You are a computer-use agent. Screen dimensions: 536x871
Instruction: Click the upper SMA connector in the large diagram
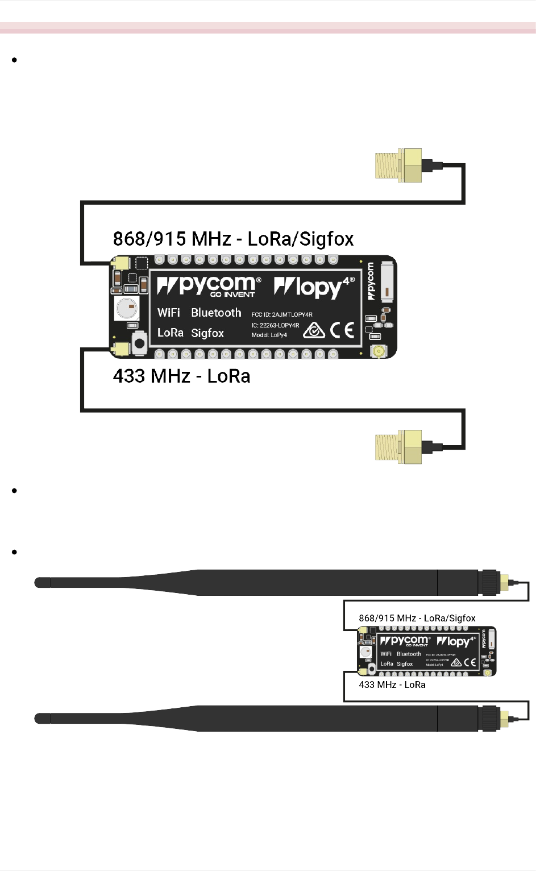[x=399, y=165]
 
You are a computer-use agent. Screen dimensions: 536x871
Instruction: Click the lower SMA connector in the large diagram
[x=399, y=447]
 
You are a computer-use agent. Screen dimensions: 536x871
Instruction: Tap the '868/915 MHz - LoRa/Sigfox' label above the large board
[x=233, y=239]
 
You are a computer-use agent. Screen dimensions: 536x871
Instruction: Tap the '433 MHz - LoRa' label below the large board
[x=181, y=376]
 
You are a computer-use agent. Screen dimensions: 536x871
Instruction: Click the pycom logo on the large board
[x=209, y=285]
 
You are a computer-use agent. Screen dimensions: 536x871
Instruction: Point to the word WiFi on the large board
[x=169, y=313]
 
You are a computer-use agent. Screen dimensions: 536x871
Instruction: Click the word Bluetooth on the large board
[x=216, y=313]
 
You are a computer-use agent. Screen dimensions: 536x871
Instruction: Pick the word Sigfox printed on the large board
[x=207, y=333]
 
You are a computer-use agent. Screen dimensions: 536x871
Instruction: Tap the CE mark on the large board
[x=342, y=330]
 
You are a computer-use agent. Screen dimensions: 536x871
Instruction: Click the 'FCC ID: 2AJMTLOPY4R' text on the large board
[x=282, y=314]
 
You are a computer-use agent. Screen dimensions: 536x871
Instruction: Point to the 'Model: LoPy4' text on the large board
[x=269, y=335]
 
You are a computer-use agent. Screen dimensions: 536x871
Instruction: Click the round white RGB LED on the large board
[x=127, y=308]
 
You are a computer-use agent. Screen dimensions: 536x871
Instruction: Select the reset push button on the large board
[x=139, y=343]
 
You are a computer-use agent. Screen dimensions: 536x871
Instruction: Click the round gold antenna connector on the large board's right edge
[x=378, y=351]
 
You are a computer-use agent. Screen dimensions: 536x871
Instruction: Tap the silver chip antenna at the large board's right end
[x=387, y=280]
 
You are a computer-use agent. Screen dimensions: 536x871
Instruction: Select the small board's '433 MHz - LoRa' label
[x=392, y=685]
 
